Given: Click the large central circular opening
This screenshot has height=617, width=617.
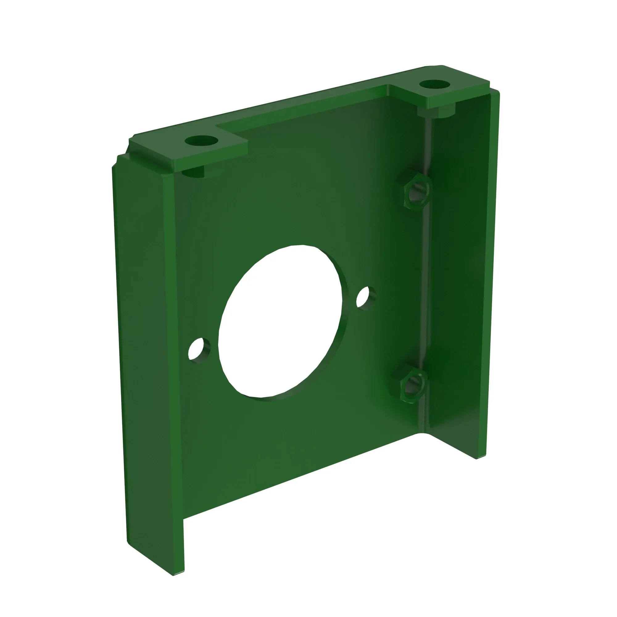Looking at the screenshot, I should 280,323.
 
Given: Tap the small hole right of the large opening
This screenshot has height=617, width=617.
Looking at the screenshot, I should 365,298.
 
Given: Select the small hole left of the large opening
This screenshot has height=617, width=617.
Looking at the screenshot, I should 199,350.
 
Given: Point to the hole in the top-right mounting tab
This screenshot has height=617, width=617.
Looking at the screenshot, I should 434,85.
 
